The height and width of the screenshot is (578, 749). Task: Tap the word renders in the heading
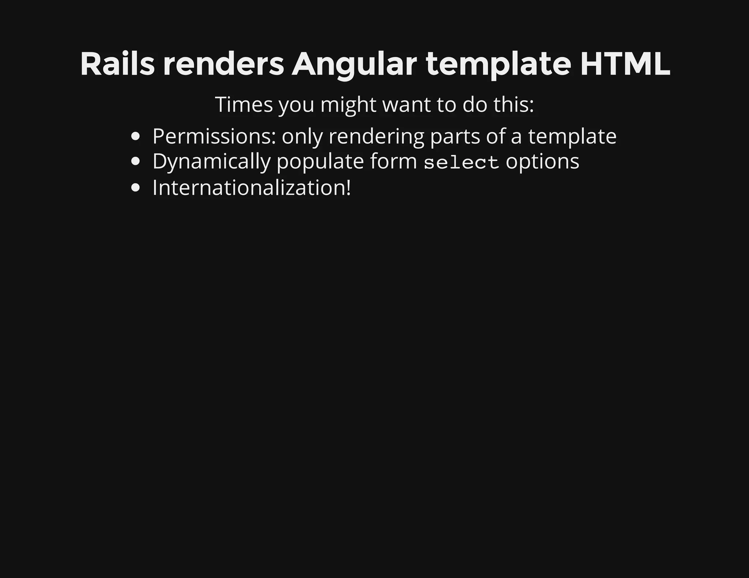(223, 64)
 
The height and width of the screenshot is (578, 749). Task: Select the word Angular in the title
(354, 65)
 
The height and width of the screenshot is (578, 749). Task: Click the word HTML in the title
(625, 64)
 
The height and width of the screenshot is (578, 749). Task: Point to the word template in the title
(498, 65)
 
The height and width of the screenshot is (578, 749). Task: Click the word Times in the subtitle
(244, 104)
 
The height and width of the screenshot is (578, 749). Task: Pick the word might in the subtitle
(348, 105)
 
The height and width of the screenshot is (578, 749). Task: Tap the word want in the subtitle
(406, 104)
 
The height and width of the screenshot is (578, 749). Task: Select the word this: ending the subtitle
(513, 104)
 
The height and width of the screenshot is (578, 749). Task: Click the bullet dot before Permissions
(136, 137)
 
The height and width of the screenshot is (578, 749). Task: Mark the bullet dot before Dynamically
(136, 162)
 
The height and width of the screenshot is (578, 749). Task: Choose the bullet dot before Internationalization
(136, 188)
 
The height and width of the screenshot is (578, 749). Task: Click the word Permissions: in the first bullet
(214, 137)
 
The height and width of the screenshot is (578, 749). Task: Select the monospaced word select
(461, 162)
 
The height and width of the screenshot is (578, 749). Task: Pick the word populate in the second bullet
(320, 162)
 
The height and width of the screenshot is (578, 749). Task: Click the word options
(542, 162)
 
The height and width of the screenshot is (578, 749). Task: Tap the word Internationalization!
(252, 188)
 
